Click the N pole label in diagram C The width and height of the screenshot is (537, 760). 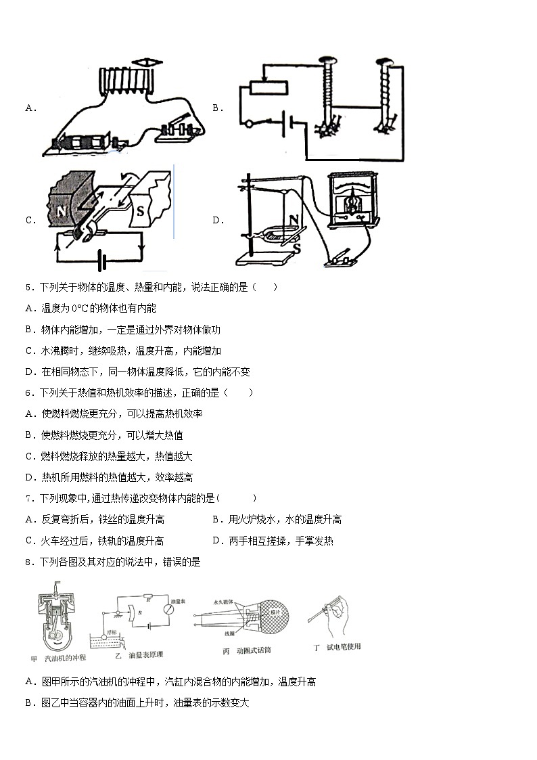pos(62,210)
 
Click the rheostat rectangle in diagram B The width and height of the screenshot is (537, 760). pos(268,88)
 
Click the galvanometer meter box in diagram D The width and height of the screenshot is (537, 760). pos(351,200)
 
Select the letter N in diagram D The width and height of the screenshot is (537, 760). pos(294,219)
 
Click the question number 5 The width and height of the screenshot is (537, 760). pos(29,287)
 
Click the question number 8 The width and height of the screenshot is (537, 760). pos(29,562)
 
